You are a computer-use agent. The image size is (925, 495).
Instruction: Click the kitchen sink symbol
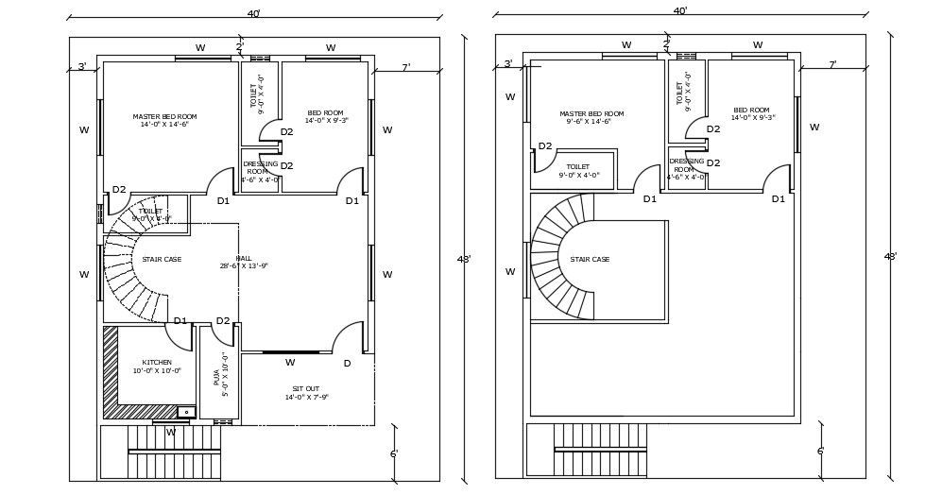186,412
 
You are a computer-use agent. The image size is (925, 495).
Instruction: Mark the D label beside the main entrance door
347,364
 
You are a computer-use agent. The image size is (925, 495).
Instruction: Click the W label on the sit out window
290,363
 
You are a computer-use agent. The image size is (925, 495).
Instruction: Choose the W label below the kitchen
171,433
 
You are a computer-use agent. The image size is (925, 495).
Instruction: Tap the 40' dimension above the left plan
253,14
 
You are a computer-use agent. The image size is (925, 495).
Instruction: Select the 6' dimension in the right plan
820,452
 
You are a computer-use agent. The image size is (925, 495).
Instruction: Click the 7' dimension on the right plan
831,65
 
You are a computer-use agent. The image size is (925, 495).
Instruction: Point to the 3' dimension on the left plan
82,66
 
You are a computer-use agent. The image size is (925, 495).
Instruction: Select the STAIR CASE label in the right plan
590,259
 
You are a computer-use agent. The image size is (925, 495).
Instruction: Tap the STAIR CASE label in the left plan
162,259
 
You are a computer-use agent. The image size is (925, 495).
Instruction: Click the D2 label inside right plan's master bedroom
545,146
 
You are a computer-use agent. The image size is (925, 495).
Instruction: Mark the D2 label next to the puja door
223,321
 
